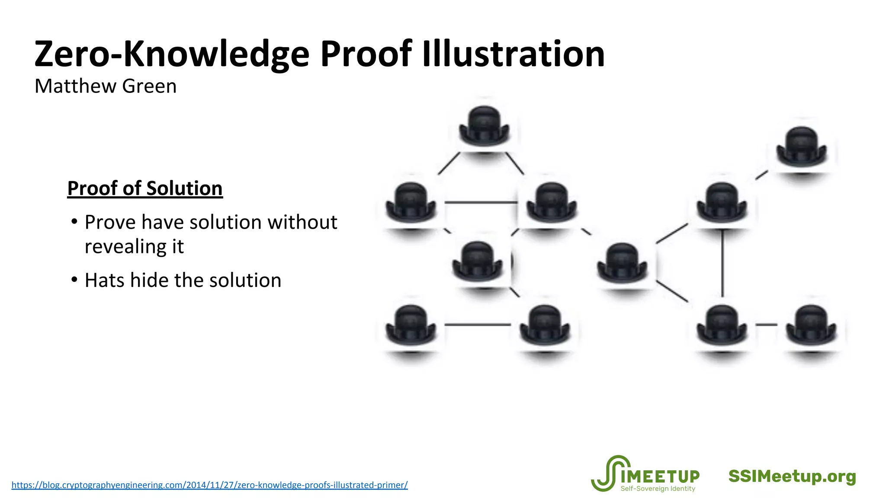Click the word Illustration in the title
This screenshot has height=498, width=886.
click(513, 54)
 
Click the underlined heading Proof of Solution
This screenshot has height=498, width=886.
click(145, 188)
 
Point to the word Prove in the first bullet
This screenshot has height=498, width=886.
click(110, 222)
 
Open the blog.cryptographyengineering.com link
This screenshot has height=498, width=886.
click(209, 485)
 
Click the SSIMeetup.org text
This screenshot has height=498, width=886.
click(792, 476)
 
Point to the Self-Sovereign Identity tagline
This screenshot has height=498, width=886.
click(658, 489)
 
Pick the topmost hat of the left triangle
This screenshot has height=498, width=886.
click(484, 125)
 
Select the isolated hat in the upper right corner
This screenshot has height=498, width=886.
click(802, 146)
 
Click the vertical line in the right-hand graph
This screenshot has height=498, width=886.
click(722, 264)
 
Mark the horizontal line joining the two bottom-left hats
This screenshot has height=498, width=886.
click(478, 324)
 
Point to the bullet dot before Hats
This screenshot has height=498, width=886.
click(74, 280)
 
